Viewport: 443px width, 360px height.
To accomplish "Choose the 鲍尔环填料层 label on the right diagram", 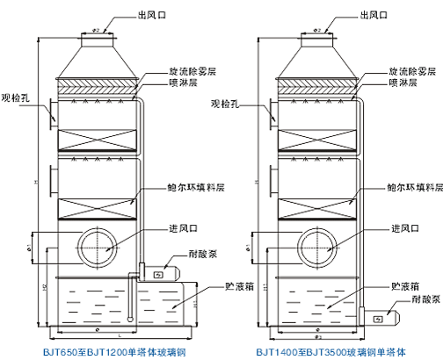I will [x=412, y=187].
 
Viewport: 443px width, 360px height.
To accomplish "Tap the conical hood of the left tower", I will [x=97, y=55].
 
